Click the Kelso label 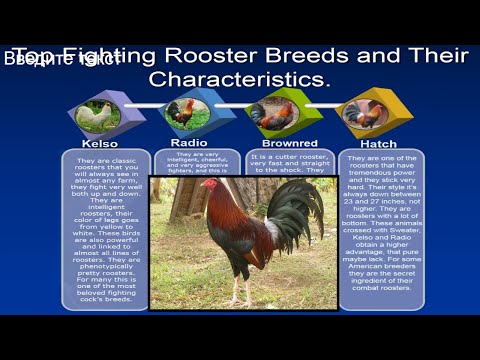(99, 143)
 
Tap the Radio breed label (189, 142)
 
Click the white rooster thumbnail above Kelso (98, 115)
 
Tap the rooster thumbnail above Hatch (364, 113)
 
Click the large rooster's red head (209, 185)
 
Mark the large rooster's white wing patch (272, 236)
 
